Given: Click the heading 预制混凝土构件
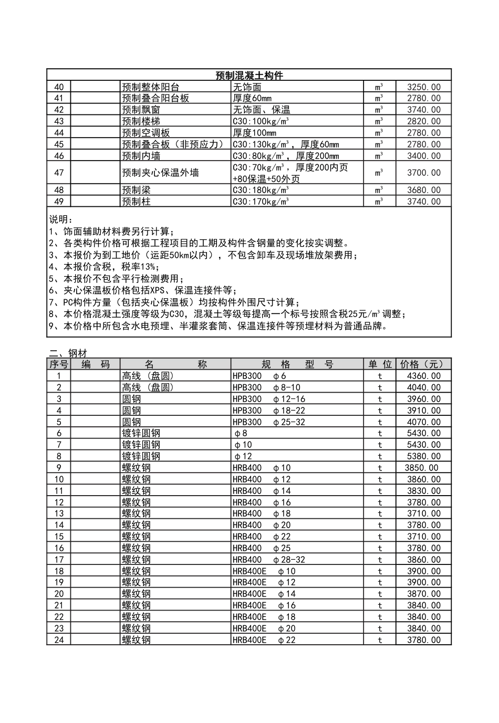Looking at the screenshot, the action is tap(249, 76).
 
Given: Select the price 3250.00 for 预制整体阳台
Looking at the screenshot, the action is tap(423, 87).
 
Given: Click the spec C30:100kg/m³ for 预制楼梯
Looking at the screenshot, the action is tap(261, 121).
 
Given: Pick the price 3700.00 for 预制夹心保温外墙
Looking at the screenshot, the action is tap(423, 173).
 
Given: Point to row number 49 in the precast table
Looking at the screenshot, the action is tap(59, 202).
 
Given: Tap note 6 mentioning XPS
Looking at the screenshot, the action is tap(143, 290).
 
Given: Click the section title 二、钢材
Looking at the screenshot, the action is tap(68, 354).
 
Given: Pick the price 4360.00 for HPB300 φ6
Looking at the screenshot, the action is tap(423, 376).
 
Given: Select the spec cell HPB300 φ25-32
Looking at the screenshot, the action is tap(268, 422).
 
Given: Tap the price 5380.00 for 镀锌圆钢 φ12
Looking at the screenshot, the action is tap(423, 456).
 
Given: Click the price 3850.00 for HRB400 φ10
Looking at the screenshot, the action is tap(421, 468).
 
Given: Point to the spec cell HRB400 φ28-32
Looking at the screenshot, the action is tap(268, 560).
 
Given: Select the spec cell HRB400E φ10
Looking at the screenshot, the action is tap(264, 571).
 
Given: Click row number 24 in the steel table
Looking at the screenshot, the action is tap(59, 640).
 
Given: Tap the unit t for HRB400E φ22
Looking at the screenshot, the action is tap(380, 640).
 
